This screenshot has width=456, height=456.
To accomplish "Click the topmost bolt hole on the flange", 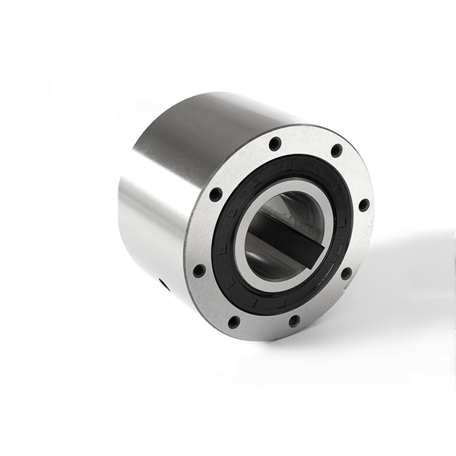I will click(275, 143).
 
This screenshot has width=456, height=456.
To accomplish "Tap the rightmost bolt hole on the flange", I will click(364, 204).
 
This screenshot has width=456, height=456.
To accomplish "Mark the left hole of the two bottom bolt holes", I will click(235, 321).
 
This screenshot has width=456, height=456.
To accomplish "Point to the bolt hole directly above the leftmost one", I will click(216, 195).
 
